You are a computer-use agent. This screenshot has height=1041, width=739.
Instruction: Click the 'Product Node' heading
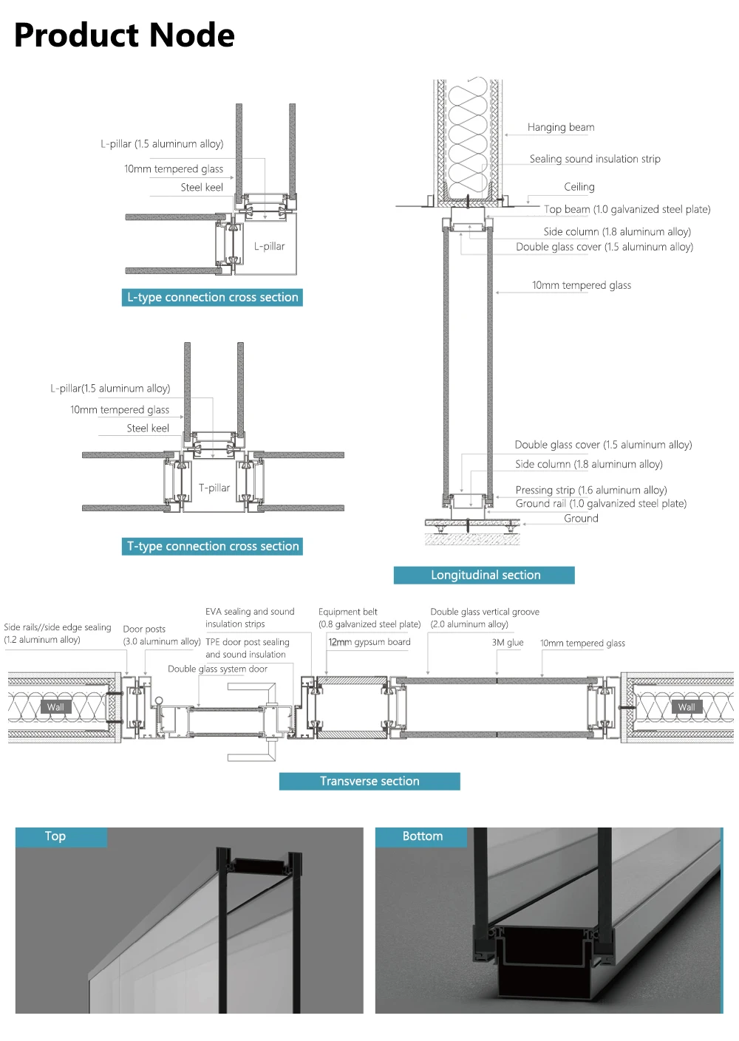[124, 35]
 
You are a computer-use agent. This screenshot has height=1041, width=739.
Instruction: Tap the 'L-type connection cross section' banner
[212, 298]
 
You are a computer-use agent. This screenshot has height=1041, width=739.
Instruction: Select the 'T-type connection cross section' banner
[213, 547]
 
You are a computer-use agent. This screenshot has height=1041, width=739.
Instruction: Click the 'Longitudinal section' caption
[485, 576]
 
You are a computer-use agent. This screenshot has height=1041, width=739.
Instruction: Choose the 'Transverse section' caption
[369, 782]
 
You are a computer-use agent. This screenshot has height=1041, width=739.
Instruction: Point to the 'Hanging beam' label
[561, 128]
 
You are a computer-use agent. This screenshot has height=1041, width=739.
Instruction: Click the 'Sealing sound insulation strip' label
[595, 159]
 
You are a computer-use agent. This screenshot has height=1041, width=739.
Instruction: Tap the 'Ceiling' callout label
[579, 188]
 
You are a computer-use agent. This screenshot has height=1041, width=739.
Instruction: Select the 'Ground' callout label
[581, 519]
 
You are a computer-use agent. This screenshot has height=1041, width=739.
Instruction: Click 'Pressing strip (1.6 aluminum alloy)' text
[591, 491]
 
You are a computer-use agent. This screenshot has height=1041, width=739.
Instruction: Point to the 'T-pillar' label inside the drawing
[214, 488]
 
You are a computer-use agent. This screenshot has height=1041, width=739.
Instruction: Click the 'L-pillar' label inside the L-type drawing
[269, 247]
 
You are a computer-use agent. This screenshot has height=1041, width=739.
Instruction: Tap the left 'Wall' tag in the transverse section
[55, 707]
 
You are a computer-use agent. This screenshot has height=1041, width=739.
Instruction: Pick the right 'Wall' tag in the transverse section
[687, 707]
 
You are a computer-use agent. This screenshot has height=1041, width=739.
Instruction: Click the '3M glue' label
[508, 643]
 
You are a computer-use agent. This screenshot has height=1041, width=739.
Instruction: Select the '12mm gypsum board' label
[369, 642]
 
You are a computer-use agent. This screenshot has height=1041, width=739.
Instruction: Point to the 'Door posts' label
[144, 629]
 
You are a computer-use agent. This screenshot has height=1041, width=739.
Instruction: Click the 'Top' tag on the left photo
[55, 836]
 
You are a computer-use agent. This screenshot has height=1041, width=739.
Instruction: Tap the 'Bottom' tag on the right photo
[423, 836]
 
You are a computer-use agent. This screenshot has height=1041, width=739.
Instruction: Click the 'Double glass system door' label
[217, 669]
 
